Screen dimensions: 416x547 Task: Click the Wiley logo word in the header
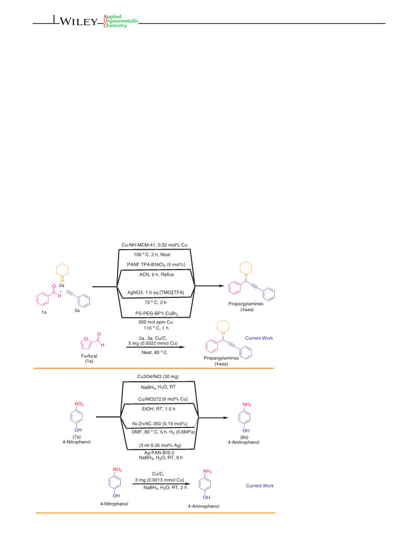point(79,22)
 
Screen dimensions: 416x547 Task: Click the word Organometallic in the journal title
point(121,21)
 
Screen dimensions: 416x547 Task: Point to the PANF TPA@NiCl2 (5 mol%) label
point(156,265)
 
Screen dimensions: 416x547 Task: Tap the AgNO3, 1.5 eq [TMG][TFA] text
point(156,292)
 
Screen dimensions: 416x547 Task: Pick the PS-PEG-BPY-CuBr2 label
point(157,314)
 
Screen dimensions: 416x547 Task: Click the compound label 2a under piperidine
point(62,285)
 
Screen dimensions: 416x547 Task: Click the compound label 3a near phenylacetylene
point(77,310)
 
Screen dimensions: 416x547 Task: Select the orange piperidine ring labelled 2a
point(62,271)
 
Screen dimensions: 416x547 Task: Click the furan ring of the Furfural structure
point(86,344)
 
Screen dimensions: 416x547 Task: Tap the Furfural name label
point(89,356)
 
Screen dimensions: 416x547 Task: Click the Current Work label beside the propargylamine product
point(259,338)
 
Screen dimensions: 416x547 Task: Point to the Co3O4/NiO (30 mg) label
point(158,377)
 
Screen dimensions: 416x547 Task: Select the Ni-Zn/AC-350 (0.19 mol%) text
point(159,424)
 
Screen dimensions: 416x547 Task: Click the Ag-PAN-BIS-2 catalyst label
point(159,453)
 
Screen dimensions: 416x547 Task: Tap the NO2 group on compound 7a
point(79,404)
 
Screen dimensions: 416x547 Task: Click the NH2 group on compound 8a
point(247,405)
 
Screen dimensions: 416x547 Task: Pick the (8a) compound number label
point(244,437)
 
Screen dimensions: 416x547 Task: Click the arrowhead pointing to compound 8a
point(226,417)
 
